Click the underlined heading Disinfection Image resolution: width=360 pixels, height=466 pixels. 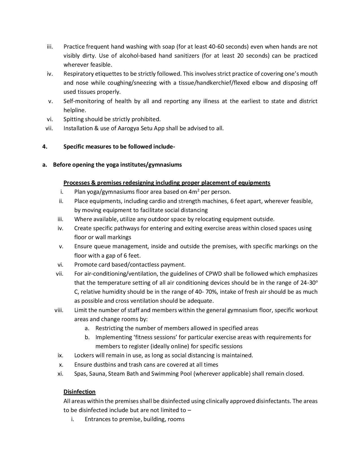point(79,392)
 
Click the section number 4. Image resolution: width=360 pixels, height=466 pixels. point(45,147)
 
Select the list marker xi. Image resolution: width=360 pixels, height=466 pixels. point(60,374)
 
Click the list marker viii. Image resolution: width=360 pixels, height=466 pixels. point(59,310)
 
